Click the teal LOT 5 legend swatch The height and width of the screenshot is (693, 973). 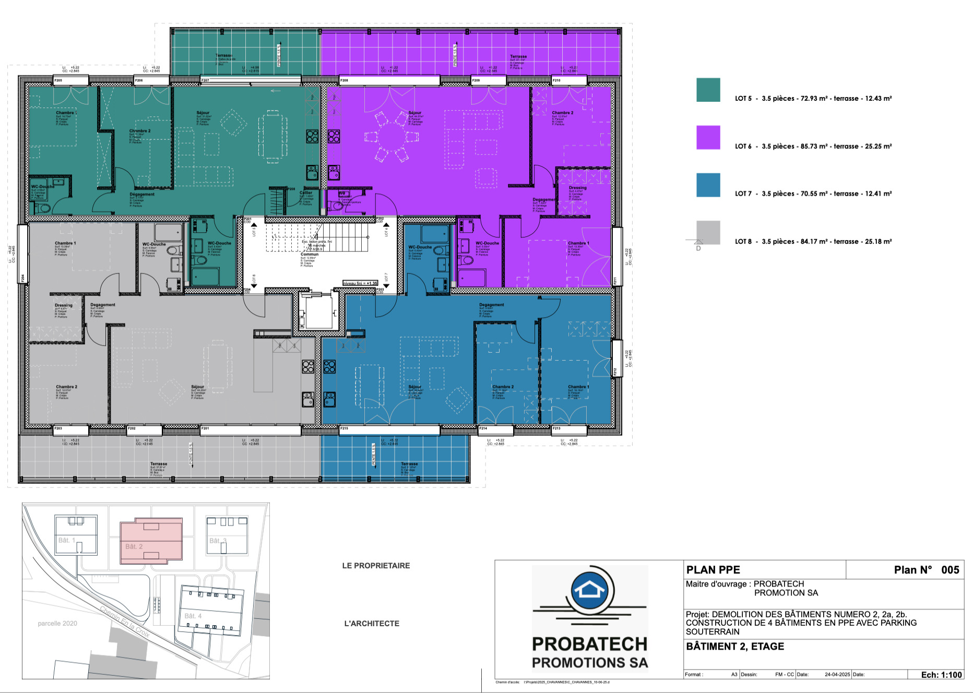tap(708, 90)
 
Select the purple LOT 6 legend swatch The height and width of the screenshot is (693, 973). tap(708, 137)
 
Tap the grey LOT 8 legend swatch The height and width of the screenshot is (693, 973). tap(708, 232)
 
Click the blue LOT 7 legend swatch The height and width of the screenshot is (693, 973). tap(708, 185)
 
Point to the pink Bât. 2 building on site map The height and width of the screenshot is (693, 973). tap(151, 541)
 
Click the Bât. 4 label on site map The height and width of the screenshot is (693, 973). tap(193, 616)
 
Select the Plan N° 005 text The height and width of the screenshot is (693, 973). tap(926, 570)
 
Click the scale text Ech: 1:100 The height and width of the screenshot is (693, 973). tap(941, 675)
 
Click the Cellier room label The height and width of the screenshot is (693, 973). tap(306, 193)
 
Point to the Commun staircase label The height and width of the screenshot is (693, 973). tap(309, 254)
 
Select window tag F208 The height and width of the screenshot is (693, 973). tap(344, 80)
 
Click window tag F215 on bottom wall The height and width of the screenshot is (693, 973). tap(344, 428)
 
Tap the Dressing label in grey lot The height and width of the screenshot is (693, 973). tap(64, 305)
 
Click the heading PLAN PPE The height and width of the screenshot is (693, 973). tap(713, 570)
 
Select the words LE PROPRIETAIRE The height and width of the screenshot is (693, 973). tap(376, 566)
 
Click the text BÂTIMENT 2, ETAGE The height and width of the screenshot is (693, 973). tap(735, 647)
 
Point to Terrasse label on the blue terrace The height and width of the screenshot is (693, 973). tap(409, 464)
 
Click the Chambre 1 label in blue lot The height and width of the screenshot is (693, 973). tap(578, 387)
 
